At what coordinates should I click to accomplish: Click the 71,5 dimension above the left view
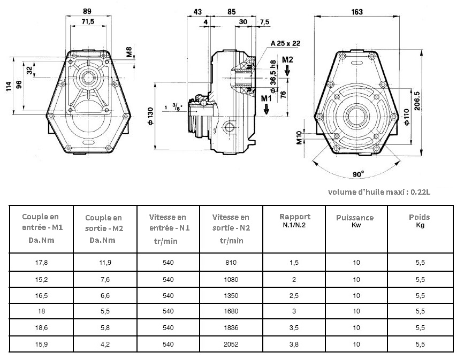click(88, 21)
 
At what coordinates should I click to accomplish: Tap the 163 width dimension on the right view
click(357, 12)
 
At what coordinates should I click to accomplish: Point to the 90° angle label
click(358, 174)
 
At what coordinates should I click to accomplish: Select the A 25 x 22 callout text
click(285, 43)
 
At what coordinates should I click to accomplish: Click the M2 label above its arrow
click(287, 60)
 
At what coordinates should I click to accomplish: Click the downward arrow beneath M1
click(267, 109)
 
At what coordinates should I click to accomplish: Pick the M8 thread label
click(130, 52)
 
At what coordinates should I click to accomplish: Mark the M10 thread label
click(300, 138)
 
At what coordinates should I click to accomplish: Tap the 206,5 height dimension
click(417, 101)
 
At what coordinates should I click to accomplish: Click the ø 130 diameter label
click(150, 116)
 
